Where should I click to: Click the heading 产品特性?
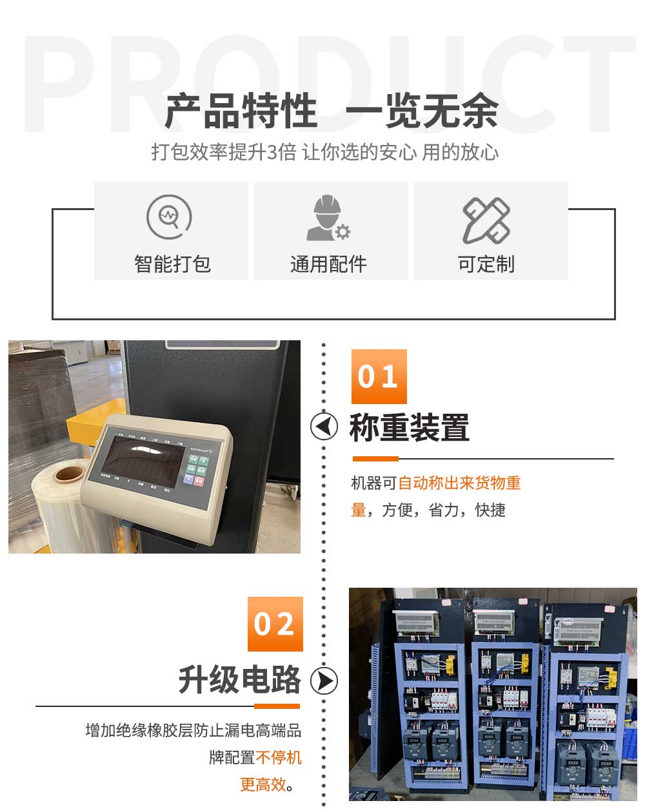(241, 111)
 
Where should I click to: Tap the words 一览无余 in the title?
(422, 111)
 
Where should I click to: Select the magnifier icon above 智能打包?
(169, 217)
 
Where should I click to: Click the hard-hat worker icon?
(328, 218)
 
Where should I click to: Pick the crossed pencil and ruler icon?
(486, 220)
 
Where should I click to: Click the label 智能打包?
(172, 264)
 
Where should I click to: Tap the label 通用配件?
(328, 264)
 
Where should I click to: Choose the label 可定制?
(486, 264)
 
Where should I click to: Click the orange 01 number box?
(379, 376)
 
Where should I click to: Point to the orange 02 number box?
(275, 624)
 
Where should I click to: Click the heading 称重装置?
(410, 427)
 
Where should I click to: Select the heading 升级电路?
(240, 680)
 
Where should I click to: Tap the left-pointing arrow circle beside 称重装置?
(324, 426)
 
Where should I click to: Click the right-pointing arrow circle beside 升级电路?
(324, 681)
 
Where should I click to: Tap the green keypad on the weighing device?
(197, 470)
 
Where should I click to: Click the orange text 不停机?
(279, 757)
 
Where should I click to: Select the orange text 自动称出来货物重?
(459, 483)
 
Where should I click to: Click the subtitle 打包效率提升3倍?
(223, 152)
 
